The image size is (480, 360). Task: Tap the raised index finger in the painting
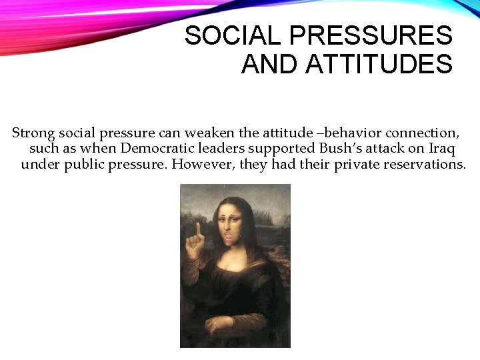coord(197,231)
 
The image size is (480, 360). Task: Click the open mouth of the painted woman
coord(231,235)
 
